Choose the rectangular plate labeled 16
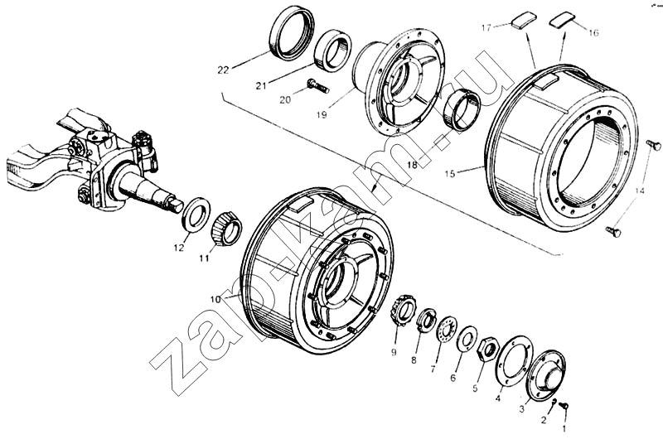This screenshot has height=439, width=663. [563, 18]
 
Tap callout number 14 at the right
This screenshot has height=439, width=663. [639, 192]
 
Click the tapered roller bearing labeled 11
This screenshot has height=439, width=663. [225, 228]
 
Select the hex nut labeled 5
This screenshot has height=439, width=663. [488, 347]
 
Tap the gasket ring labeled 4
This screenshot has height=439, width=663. [515, 359]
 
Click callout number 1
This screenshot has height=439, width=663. [565, 430]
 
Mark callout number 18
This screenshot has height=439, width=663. [411, 166]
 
